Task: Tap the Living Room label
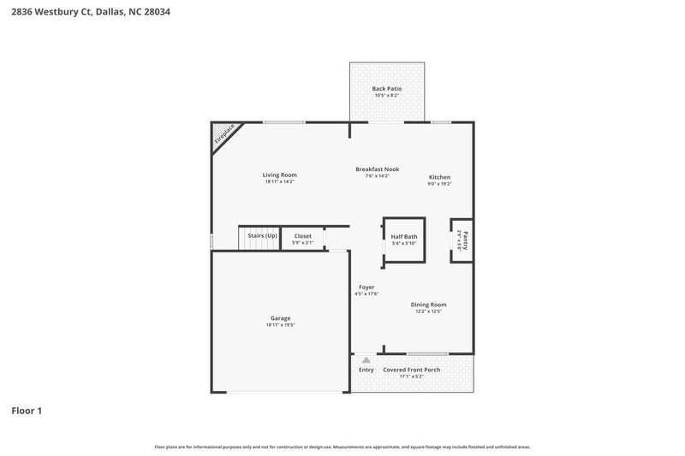point(280,175)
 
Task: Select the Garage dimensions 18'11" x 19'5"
point(280,325)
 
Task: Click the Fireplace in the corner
point(225,135)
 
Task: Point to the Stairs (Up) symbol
point(259,240)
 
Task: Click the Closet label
point(303,235)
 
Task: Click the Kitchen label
point(439,177)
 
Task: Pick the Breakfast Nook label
point(378,169)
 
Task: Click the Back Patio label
point(387,88)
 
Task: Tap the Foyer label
point(366,287)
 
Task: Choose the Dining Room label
point(428,304)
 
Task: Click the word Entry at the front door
point(366,370)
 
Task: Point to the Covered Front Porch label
point(412,370)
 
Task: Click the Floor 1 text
point(27,411)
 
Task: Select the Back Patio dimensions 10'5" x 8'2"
point(387,95)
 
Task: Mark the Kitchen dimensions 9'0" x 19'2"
point(439,184)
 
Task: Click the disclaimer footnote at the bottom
point(342,447)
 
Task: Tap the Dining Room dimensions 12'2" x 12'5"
point(428,311)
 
